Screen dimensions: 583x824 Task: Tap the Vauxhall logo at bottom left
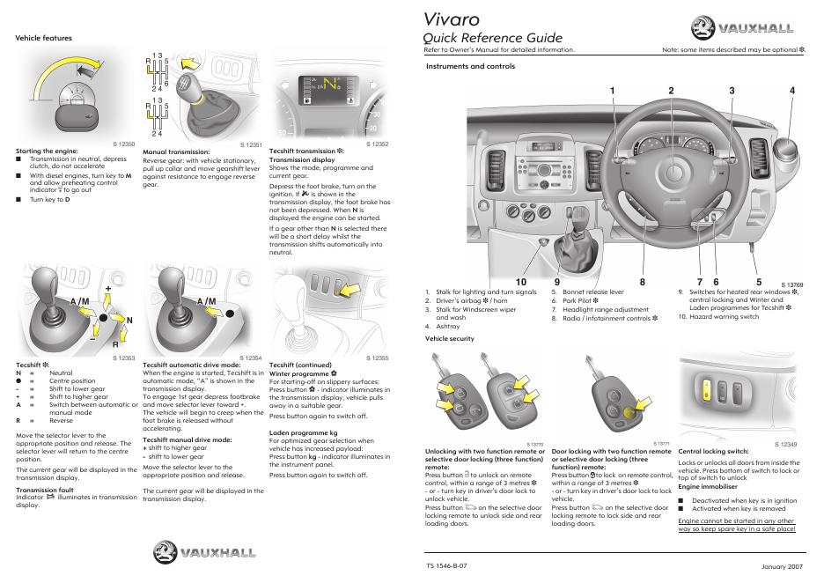(x=206, y=553)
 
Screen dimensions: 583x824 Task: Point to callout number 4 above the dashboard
(x=792, y=91)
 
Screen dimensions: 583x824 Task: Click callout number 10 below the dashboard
(x=520, y=282)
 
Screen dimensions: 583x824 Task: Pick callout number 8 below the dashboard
(x=643, y=282)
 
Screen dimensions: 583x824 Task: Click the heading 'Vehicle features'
(x=44, y=38)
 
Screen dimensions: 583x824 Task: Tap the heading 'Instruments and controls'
(x=470, y=66)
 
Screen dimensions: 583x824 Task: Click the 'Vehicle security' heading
(x=449, y=338)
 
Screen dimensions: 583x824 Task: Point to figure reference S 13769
(x=792, y=285)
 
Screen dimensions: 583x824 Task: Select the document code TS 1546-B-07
(x=446, y=564)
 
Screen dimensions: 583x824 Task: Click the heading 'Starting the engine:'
(x=44, y=151)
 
